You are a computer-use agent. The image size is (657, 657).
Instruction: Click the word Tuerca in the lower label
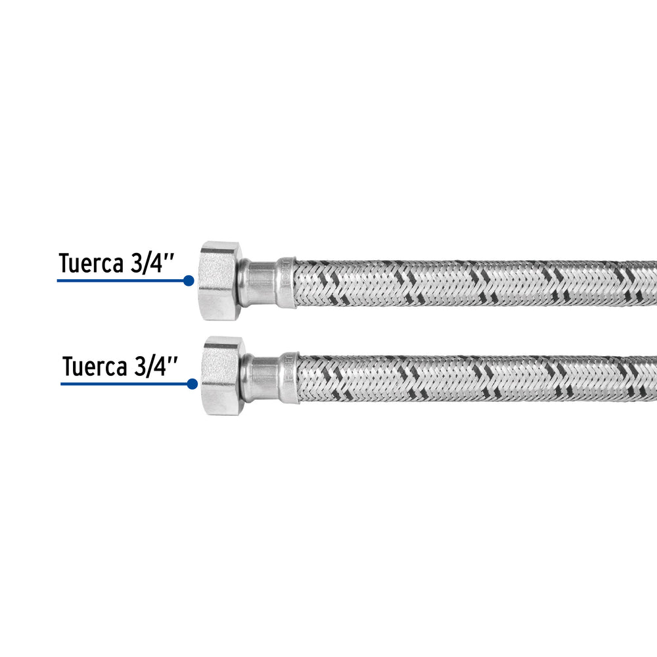[x=95, y=367]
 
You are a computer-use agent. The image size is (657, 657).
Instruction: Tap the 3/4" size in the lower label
[x=156, y=367]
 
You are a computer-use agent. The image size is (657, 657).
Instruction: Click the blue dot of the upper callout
[x=189, y=281]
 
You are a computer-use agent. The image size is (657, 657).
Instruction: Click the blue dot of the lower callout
[x=193, y=384]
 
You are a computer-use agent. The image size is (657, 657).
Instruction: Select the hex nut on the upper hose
[x=221, y=281]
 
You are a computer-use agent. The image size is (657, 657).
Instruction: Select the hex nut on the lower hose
[x=224, y=376]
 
